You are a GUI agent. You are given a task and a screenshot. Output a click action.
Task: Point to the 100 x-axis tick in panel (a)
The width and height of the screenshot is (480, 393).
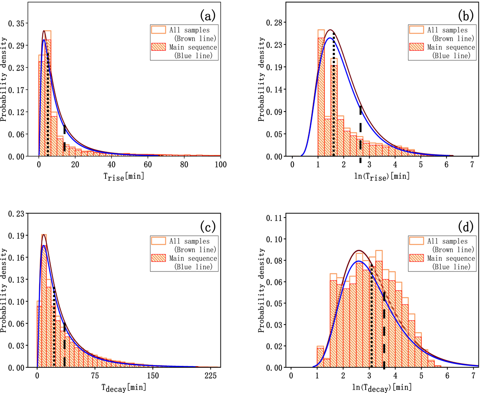point(220,164)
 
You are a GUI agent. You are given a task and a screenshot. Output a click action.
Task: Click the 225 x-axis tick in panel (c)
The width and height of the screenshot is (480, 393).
point(211,375)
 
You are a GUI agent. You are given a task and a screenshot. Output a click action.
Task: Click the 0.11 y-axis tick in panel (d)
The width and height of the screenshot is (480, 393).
point(276,218)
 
